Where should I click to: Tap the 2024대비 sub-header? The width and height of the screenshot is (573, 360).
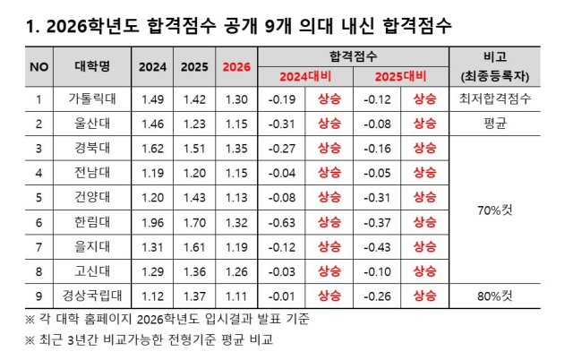click(x=304, y=75)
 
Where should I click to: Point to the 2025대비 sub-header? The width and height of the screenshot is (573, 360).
click(x=400, y=75)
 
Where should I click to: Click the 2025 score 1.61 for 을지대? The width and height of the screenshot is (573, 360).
click(x=194, y=245)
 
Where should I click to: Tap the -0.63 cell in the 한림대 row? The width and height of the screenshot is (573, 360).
click(x=282, y=221)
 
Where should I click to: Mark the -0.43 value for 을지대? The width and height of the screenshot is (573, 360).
click(x=377, y=245)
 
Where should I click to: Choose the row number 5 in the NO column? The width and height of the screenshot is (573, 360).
click(x=38, y=197)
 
